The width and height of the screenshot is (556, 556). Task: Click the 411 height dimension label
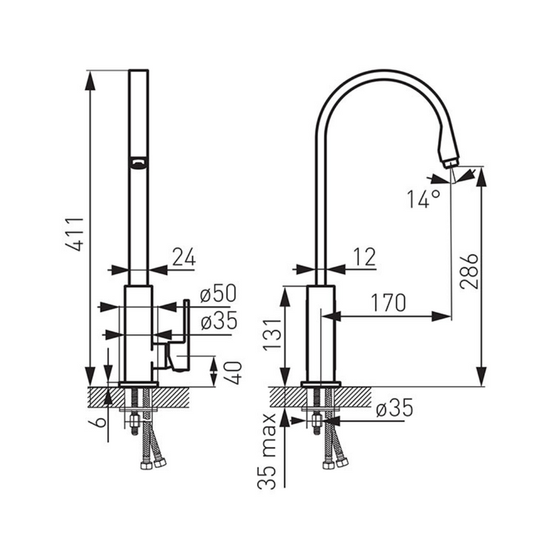76,234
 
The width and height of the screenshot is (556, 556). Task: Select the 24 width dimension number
184,257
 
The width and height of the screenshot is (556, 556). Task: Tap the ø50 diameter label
218,294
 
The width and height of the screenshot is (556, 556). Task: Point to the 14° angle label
423,199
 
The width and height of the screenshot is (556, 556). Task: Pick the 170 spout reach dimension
388,302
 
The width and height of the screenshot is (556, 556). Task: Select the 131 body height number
272,334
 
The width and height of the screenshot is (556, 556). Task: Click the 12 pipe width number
365,257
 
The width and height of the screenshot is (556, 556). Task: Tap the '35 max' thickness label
267,451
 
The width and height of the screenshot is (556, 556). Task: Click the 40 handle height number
234,373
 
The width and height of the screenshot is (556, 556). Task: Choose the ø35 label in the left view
219,321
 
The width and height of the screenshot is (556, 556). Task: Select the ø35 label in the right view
394,408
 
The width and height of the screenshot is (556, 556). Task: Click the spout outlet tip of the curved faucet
451,164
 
